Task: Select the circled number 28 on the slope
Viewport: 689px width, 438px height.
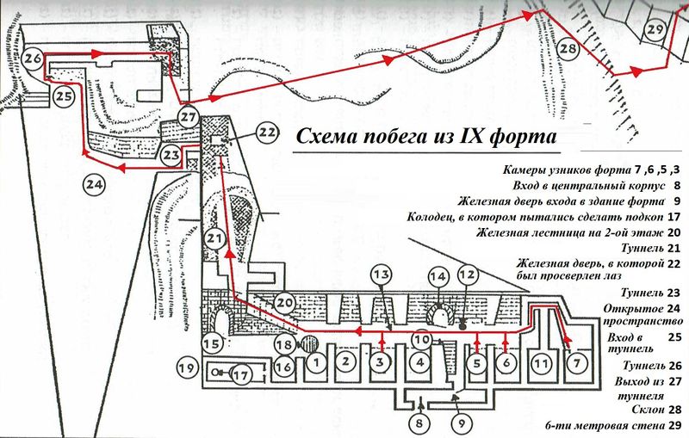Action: (567, 49)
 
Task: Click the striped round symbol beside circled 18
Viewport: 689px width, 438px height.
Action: (311, 343)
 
